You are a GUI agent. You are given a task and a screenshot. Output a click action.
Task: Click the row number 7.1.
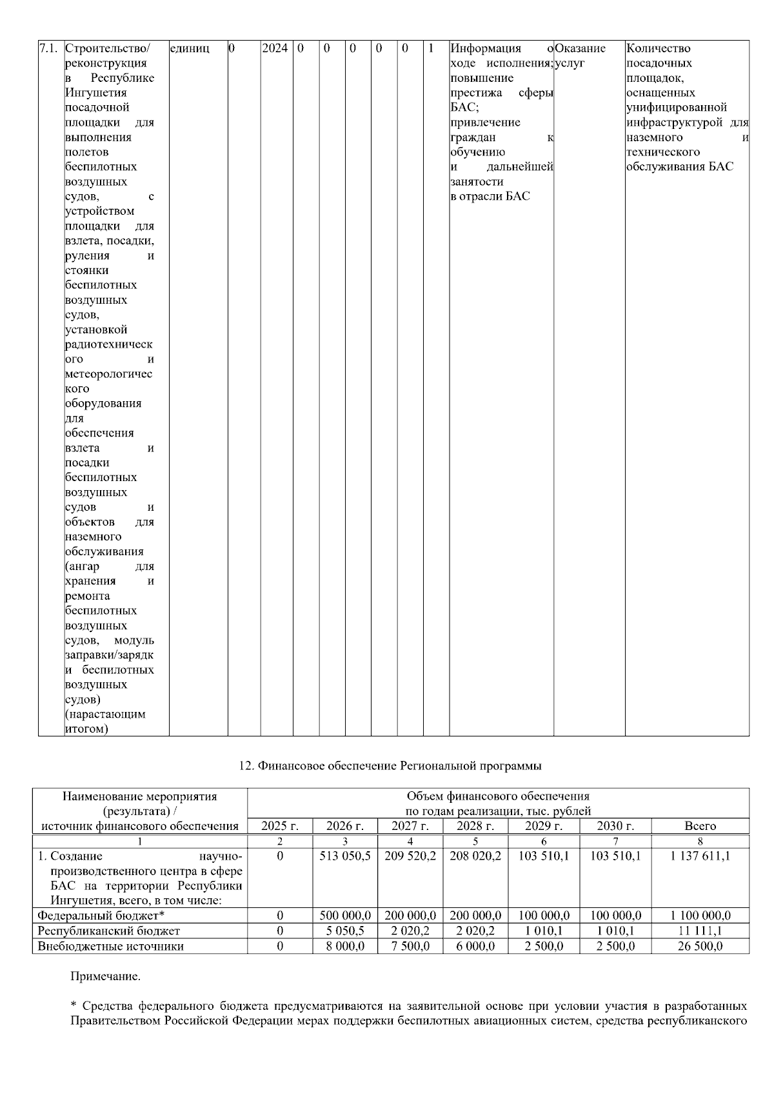point(49,48)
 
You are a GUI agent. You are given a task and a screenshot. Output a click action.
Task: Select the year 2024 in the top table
point(275,48)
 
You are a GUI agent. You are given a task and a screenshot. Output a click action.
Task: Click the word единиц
point(189,48)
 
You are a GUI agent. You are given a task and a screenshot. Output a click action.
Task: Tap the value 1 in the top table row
point(431,48)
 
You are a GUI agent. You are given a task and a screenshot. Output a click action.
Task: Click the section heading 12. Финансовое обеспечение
point(390,766)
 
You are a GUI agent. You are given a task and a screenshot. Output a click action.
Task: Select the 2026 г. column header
point(345,826)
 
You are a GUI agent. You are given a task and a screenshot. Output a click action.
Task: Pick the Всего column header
point(700,826)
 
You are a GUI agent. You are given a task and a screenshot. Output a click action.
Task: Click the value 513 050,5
point(345,856)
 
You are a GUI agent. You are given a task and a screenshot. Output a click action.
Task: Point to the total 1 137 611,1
point(700,856)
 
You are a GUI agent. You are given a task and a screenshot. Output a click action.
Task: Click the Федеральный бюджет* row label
point(102,916)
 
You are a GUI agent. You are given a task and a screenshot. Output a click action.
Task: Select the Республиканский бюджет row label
point(108,931)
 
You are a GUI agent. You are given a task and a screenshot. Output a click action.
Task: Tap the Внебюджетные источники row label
point(110,947)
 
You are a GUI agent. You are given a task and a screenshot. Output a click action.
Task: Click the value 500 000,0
point(345,916)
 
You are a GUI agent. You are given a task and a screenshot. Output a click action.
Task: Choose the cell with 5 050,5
point(345,931)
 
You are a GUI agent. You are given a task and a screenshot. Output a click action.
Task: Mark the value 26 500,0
point(700,947)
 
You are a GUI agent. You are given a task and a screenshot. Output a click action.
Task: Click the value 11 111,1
point(700,931)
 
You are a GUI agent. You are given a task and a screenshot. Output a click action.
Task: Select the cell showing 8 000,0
point(345,947)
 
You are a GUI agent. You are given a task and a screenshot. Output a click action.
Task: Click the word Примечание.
point(105,976)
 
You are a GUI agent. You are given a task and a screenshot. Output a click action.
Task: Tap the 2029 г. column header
point(544,826)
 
